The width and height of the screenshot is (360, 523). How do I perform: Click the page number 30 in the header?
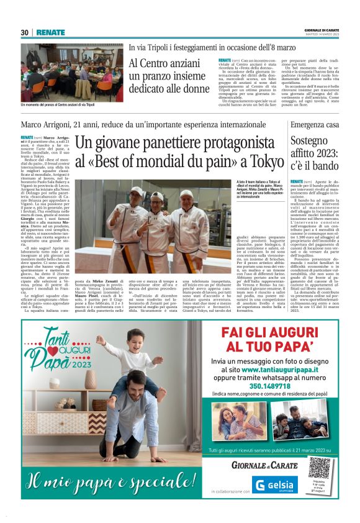click(25, 32)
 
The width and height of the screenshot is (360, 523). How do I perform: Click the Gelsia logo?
click(275, 486)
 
